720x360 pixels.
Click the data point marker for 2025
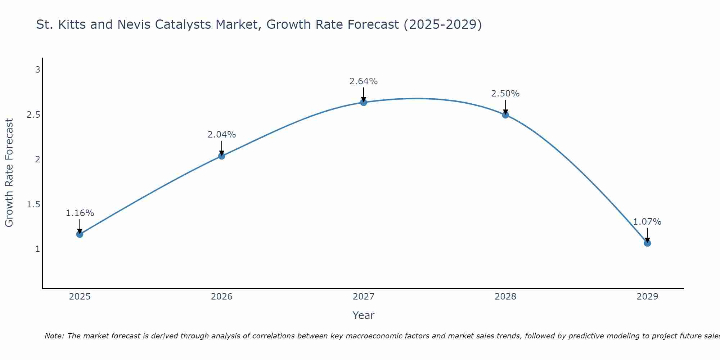[80, 234]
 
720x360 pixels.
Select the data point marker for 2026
[221, 156]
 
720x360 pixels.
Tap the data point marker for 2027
[364, 102]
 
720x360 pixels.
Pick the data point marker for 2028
[505, 115]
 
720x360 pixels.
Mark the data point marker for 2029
[647, 243]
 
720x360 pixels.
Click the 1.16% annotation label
[80, 213]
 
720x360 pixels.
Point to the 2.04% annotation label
[221, 135]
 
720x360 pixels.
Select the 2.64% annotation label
[364, 81]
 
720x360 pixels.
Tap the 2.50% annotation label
[505, 94]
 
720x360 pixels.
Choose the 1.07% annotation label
[647, 222]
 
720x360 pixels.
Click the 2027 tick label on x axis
[364, 297]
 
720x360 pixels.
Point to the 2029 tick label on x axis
[647, 297]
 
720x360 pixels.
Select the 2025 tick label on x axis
[80, 297]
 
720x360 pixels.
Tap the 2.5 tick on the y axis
[33, 115]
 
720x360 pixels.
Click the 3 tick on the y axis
[37, 70]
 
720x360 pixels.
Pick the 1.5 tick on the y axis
[33, 204]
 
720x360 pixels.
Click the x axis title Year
[364, 315]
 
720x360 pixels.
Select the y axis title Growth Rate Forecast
[9, 173]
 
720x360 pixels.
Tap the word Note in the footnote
[54, 336]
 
